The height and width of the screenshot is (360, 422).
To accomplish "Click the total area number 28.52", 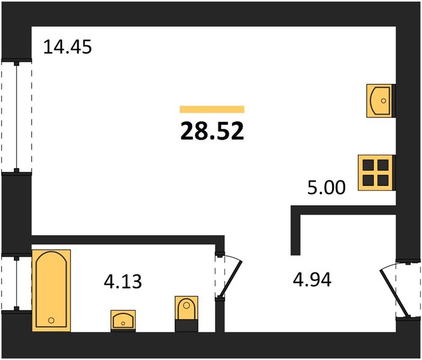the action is coord(212,131).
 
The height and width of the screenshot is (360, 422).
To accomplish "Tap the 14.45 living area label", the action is coord(67,47).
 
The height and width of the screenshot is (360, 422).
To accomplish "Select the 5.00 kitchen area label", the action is coord(326,188).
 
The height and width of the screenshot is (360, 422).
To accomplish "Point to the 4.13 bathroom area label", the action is coord(122,282).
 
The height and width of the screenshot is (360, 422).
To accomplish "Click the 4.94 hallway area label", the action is coord(312,280).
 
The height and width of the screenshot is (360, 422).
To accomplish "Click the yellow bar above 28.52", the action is coord(212,109).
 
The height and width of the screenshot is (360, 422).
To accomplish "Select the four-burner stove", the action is coord(376,173).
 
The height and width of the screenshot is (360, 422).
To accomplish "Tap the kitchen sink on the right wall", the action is coord(381,101).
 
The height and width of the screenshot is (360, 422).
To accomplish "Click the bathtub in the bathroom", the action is coord(52,290).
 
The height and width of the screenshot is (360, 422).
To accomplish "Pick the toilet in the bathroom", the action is coord(186,314).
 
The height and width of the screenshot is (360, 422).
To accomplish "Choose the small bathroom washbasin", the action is coord(123,321).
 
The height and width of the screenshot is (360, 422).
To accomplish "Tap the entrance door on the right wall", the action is coord(395,293).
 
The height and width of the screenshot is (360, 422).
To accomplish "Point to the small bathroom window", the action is coord(16,282).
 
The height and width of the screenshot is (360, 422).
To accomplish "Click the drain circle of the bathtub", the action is coord(51,320).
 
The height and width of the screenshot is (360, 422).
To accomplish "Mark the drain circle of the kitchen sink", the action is coord(384,101).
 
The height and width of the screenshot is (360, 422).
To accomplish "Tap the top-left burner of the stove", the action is coord(368,165).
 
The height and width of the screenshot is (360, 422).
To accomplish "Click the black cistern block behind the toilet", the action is coord(186,326).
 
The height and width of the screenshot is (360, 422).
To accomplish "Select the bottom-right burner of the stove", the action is coord(383,181).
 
